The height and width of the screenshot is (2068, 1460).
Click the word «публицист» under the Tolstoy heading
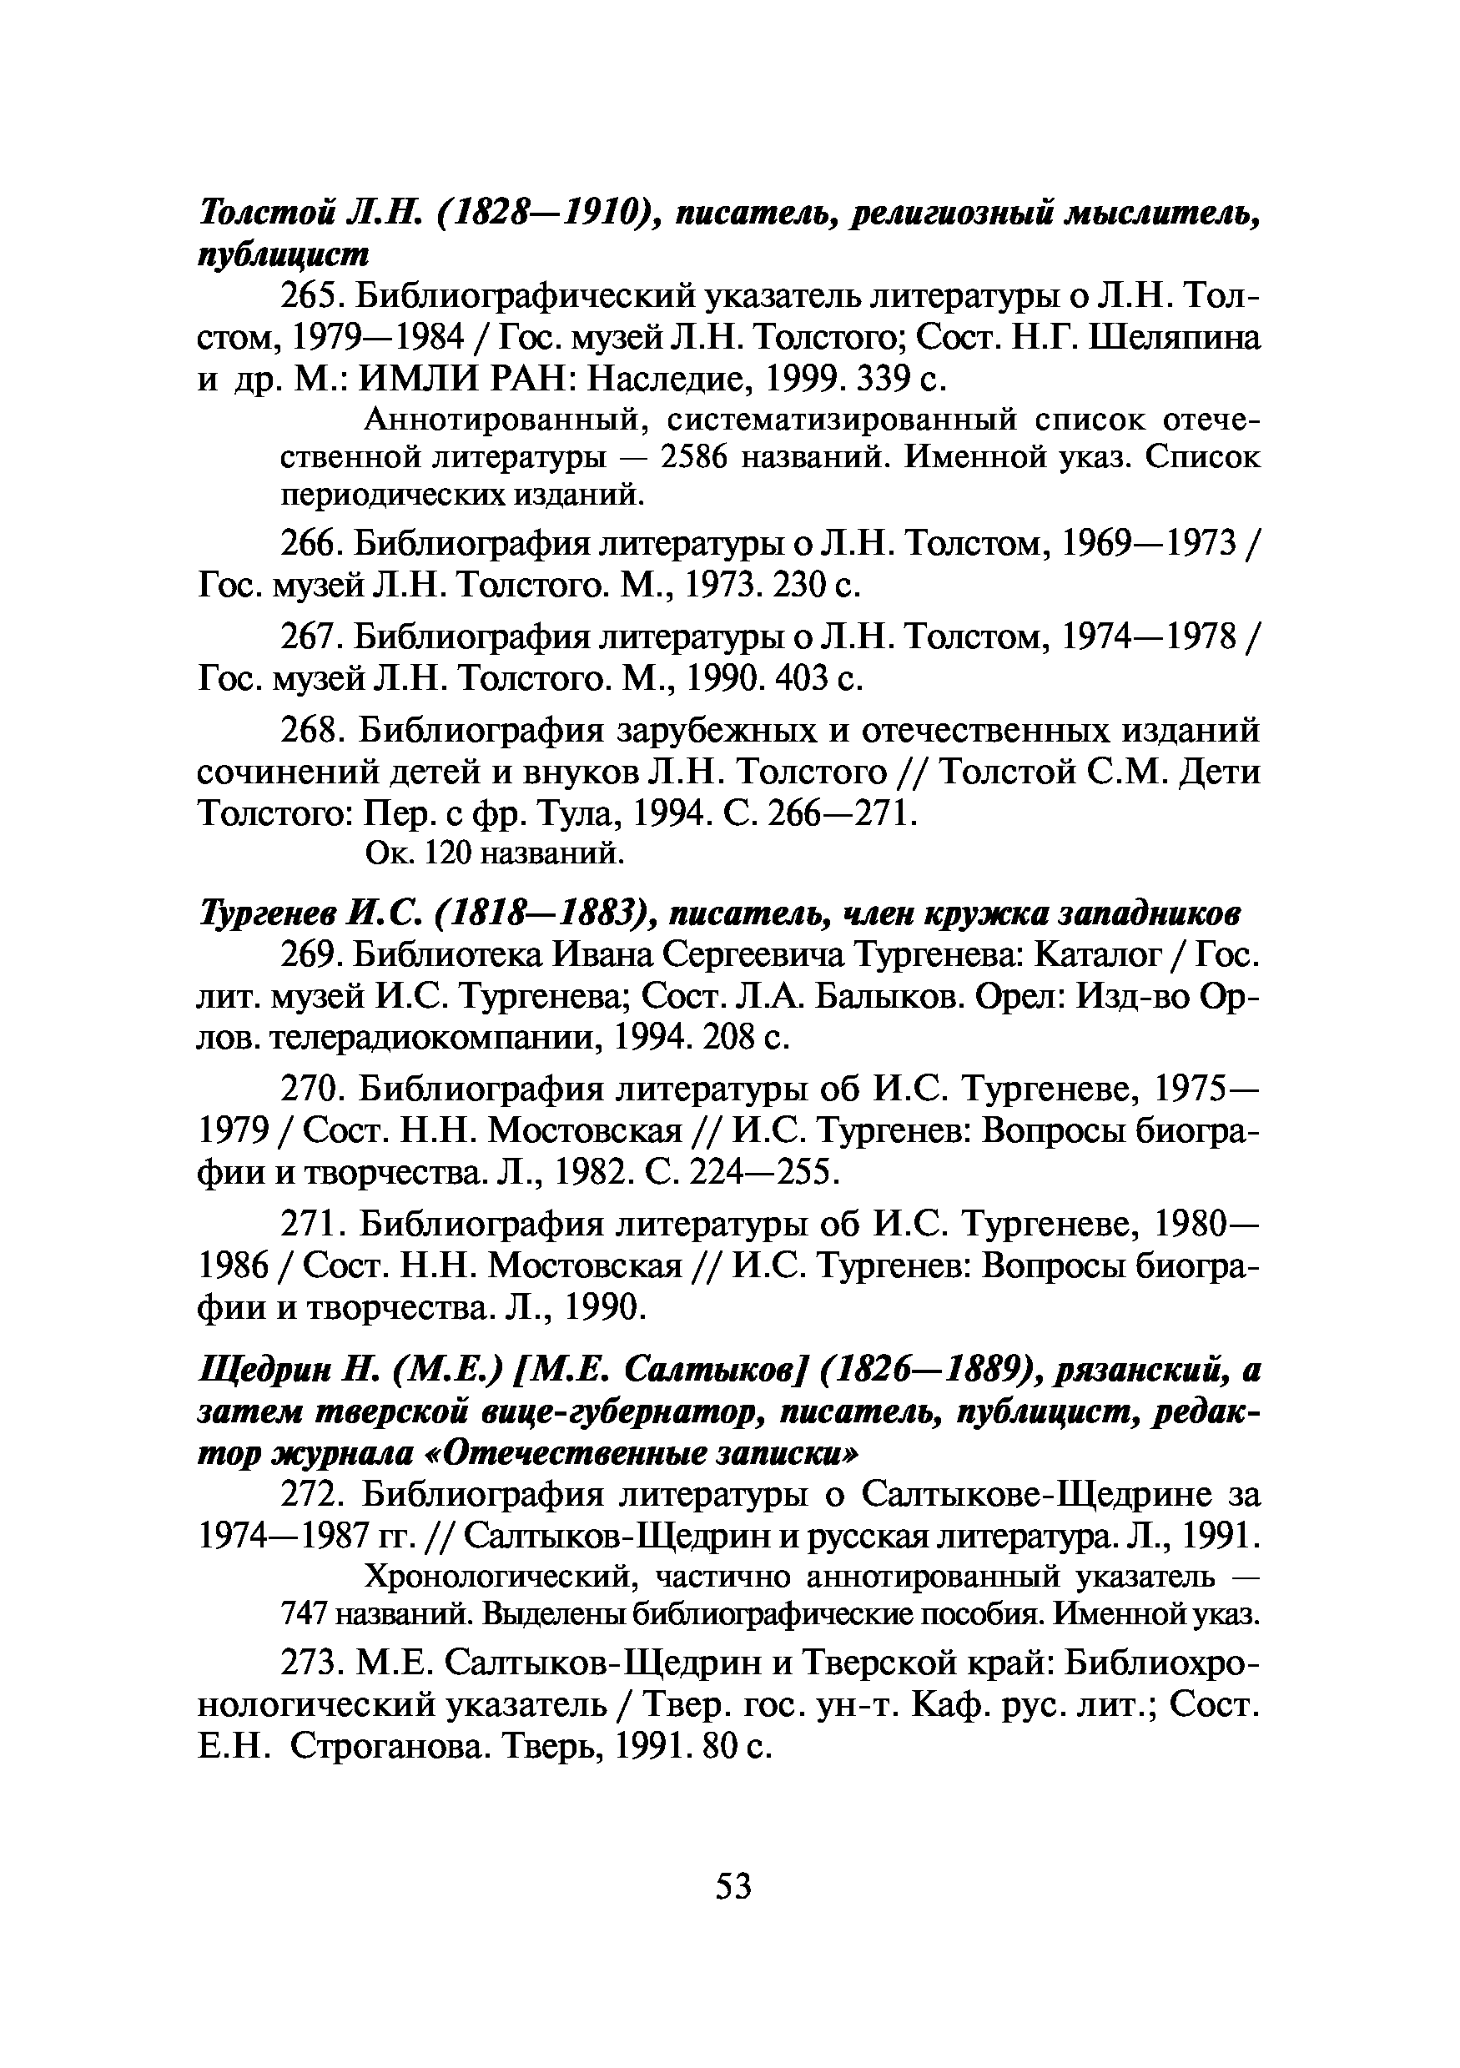click(283, 256)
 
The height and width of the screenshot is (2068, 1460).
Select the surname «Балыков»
click(937, 997)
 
